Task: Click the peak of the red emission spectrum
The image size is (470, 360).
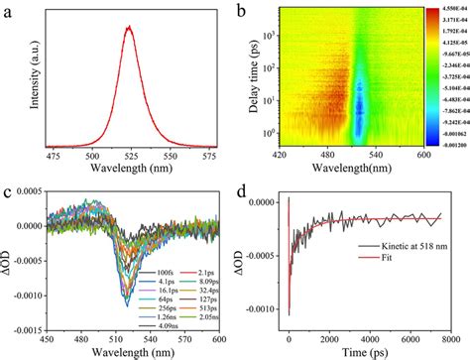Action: coord(128,27)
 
